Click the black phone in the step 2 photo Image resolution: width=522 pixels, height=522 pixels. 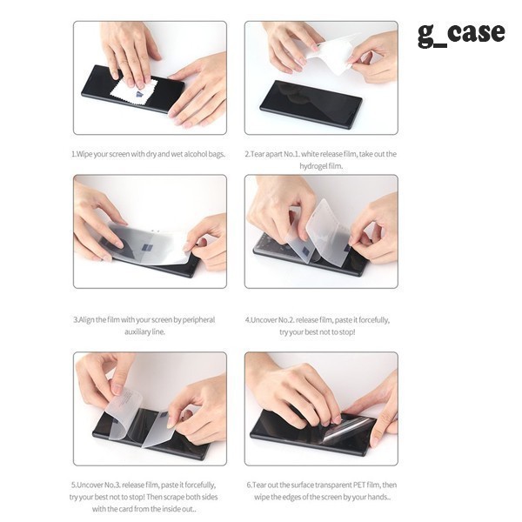(311, 104)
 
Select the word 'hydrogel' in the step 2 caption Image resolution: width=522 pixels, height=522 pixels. (311, 166)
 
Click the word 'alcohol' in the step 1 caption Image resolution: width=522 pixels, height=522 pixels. (196, 154)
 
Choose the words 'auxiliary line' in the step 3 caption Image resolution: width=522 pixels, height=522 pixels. (144, 332)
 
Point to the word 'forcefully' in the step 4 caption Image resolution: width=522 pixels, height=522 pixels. (373, 320)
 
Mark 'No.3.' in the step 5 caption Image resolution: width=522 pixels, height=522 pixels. (110, 485)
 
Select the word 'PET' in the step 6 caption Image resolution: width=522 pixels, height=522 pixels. (359, 485)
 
